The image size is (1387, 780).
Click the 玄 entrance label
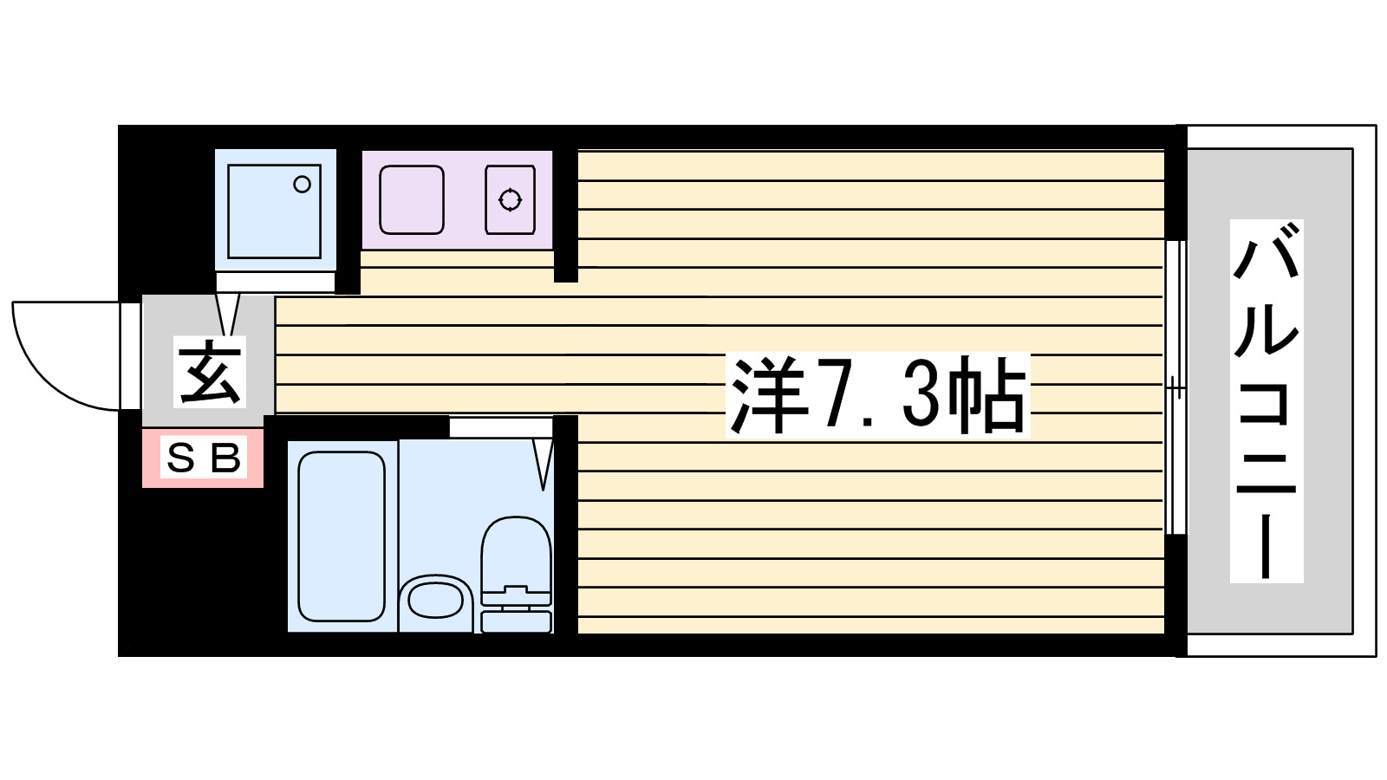210,372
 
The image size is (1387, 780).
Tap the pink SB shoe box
203,458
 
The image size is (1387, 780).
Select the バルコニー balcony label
1267,400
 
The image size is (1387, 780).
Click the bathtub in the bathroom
342,536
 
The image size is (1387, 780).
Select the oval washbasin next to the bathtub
435,599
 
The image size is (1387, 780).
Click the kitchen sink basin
412,200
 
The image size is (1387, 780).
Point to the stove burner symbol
510,200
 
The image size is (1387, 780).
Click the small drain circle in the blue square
302,184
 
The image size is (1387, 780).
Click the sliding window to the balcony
1175,387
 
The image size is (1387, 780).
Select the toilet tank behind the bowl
516,621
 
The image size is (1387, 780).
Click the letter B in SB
225,458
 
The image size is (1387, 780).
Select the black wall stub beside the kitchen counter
565,217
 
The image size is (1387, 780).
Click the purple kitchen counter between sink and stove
466,200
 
